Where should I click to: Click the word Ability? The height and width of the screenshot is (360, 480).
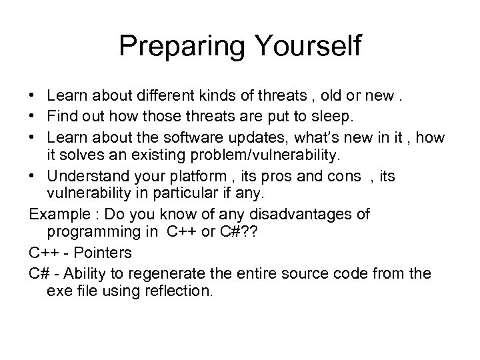[x=85, y=273]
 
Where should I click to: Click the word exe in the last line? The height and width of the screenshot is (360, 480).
[x=59, y=291]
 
